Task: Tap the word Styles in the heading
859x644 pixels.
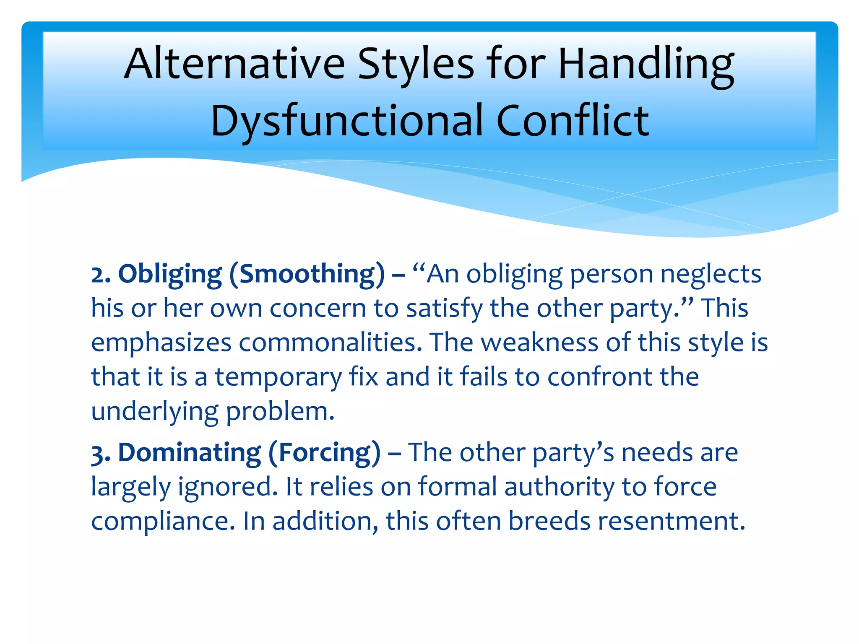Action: coord(416,64)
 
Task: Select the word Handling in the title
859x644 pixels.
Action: coord(646,65)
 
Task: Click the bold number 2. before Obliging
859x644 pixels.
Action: coord(101,275)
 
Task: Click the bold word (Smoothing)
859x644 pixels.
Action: coord(307,275)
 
